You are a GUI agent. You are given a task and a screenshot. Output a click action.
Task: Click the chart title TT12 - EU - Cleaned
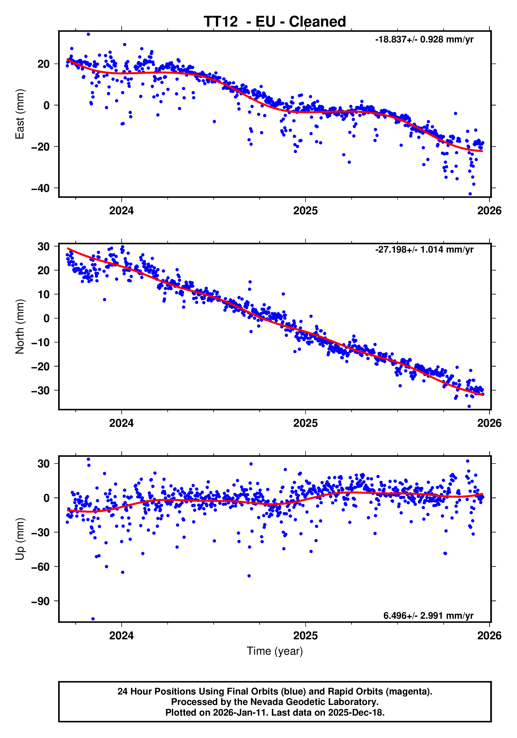[x=275, y=22]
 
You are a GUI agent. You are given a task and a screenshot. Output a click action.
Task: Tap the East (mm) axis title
[x=20, y=114]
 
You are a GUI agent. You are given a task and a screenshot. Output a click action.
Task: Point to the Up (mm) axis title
[x=20, y=539]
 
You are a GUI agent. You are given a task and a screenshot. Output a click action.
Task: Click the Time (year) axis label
[x=275, y=651]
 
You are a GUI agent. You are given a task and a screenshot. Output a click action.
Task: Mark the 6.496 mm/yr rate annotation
[x=428, y=616]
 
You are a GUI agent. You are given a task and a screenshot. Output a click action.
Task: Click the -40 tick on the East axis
[x=40, y=188]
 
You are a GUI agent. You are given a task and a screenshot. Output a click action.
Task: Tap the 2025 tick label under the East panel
[x=305, y=211]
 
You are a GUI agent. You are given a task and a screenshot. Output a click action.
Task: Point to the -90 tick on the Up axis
[x=40, y=601]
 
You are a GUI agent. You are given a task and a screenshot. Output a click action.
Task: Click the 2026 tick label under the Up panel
[x=489, y=635]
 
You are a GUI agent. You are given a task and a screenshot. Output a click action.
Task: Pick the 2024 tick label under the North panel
[x=121, y=423]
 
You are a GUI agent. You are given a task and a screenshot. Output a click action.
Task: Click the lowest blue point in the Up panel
[x=93, y=619]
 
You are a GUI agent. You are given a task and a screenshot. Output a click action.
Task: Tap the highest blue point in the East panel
[x=88, y=34]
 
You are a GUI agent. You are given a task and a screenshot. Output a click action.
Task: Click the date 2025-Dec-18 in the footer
[x=356, y=712]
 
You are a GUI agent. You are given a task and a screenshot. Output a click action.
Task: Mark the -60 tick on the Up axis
[x=40, y=567]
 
